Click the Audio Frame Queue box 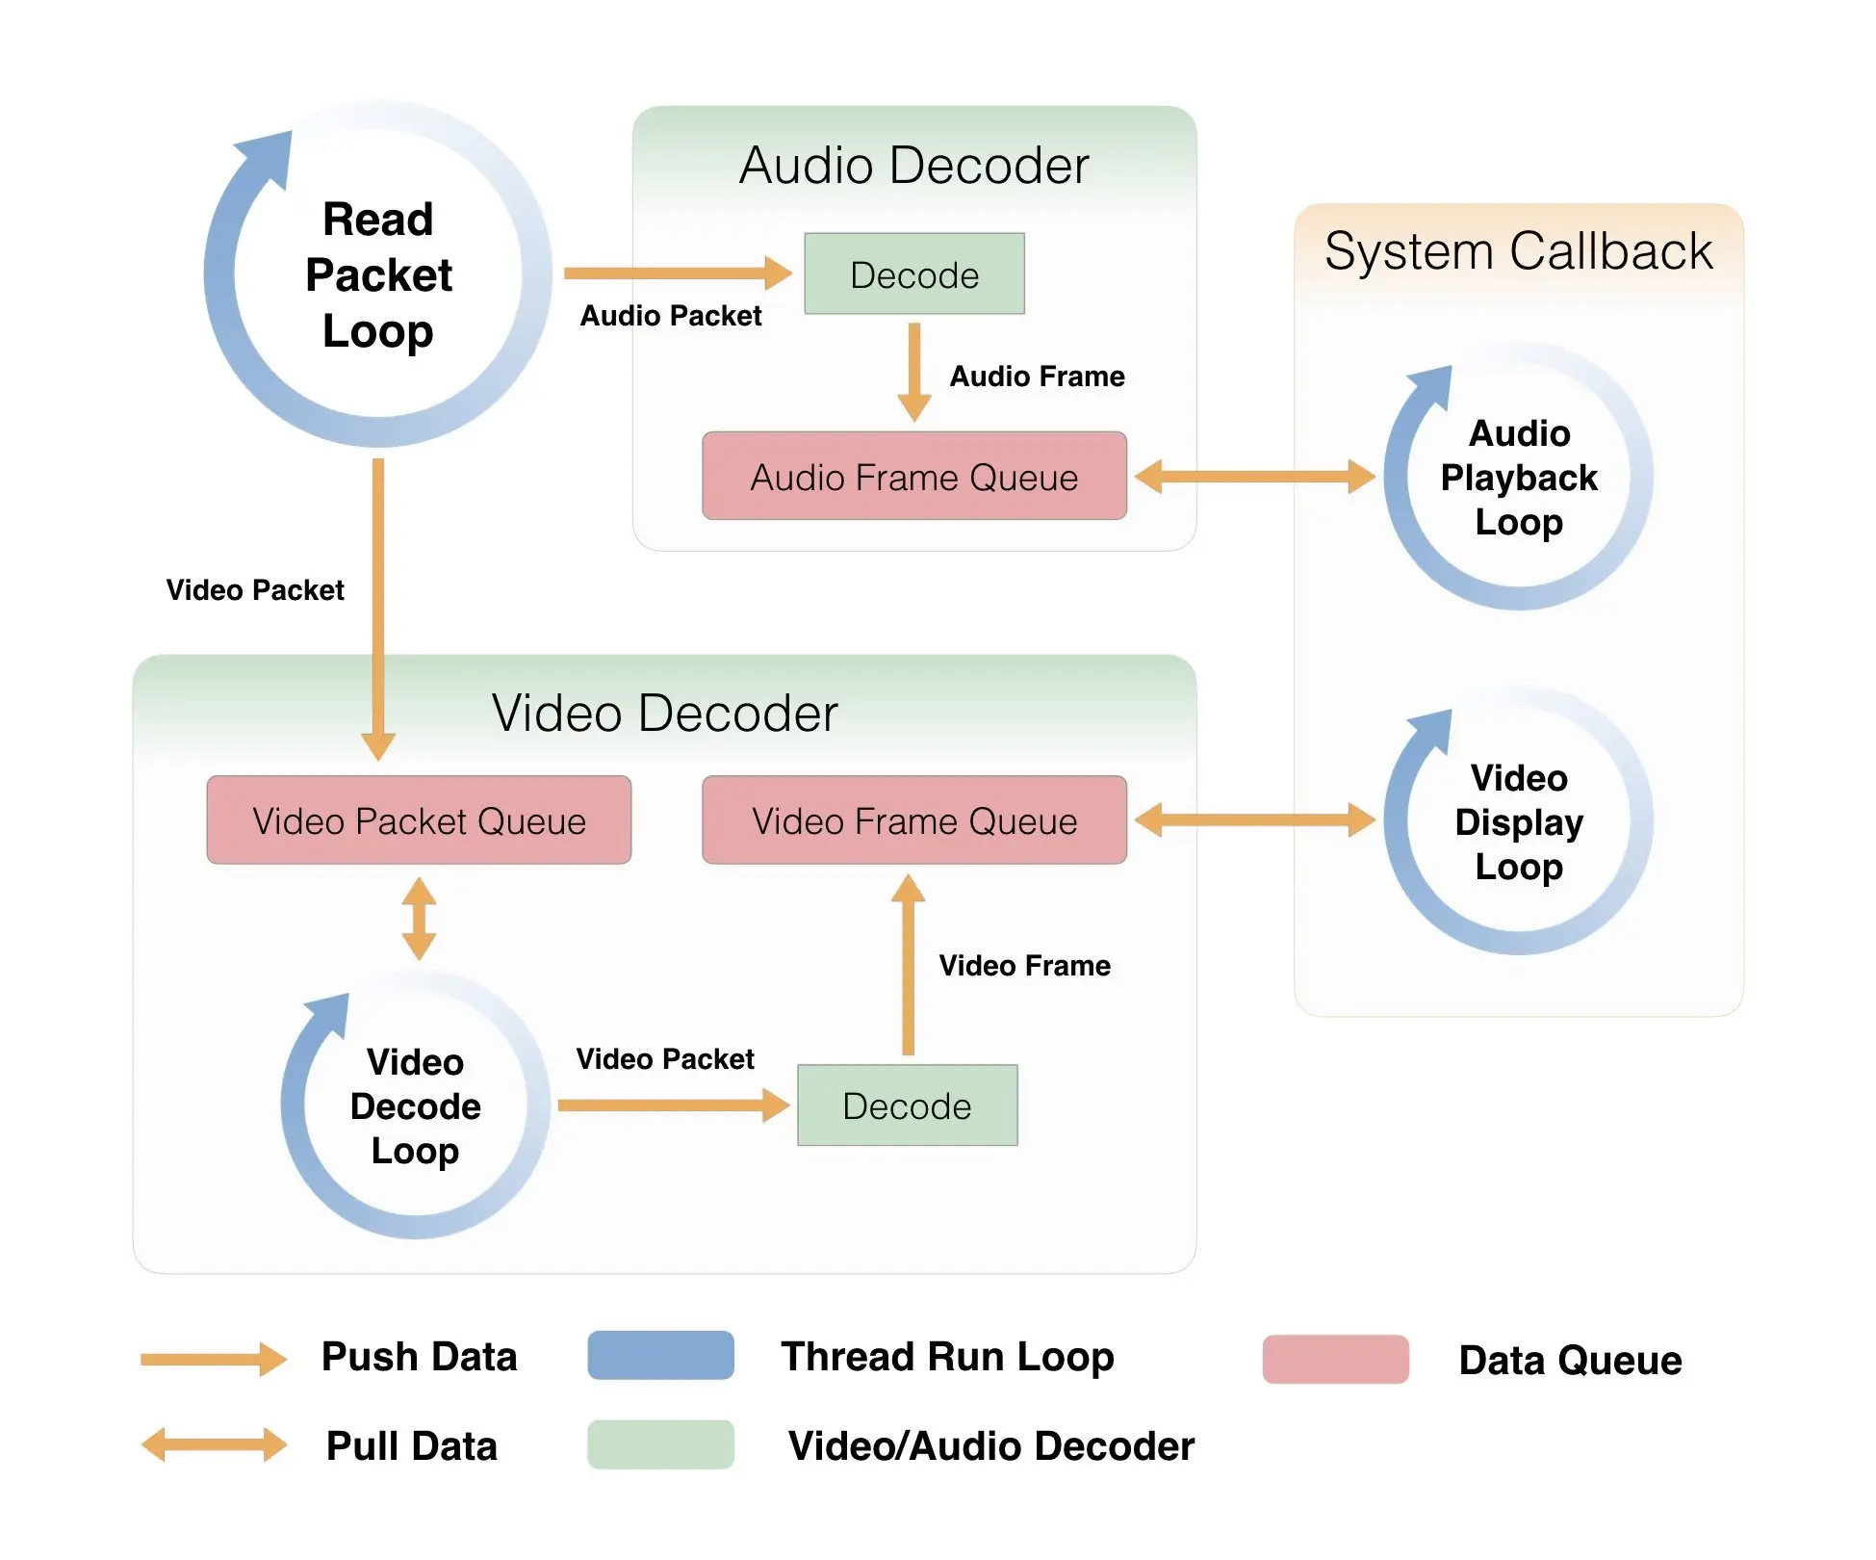914,476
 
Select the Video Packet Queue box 419,819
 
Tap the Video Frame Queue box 914,819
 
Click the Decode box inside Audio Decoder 914,273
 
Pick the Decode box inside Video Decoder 908,1105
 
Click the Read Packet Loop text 378,274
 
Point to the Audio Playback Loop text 1519,478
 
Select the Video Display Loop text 1519,822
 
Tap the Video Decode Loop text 415,1106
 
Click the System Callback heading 1519,251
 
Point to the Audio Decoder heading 914,165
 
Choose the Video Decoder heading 665,714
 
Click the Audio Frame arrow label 1038,376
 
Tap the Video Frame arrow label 1025,965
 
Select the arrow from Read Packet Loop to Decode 678,273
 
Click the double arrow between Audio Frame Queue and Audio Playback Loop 1255,476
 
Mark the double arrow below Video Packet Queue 419,918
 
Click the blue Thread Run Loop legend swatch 661,1355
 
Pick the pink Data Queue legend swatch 1336,1359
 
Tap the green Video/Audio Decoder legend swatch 661,1444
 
